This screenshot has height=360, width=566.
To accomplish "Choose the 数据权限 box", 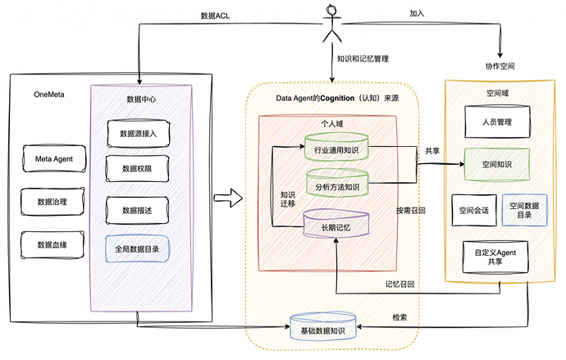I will tap(138, 168).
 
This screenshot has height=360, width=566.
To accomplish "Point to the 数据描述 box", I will tap(138, 210).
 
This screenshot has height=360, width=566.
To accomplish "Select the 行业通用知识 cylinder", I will tap(335, 148).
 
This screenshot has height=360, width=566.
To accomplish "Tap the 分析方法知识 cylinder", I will tap(335, 184).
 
